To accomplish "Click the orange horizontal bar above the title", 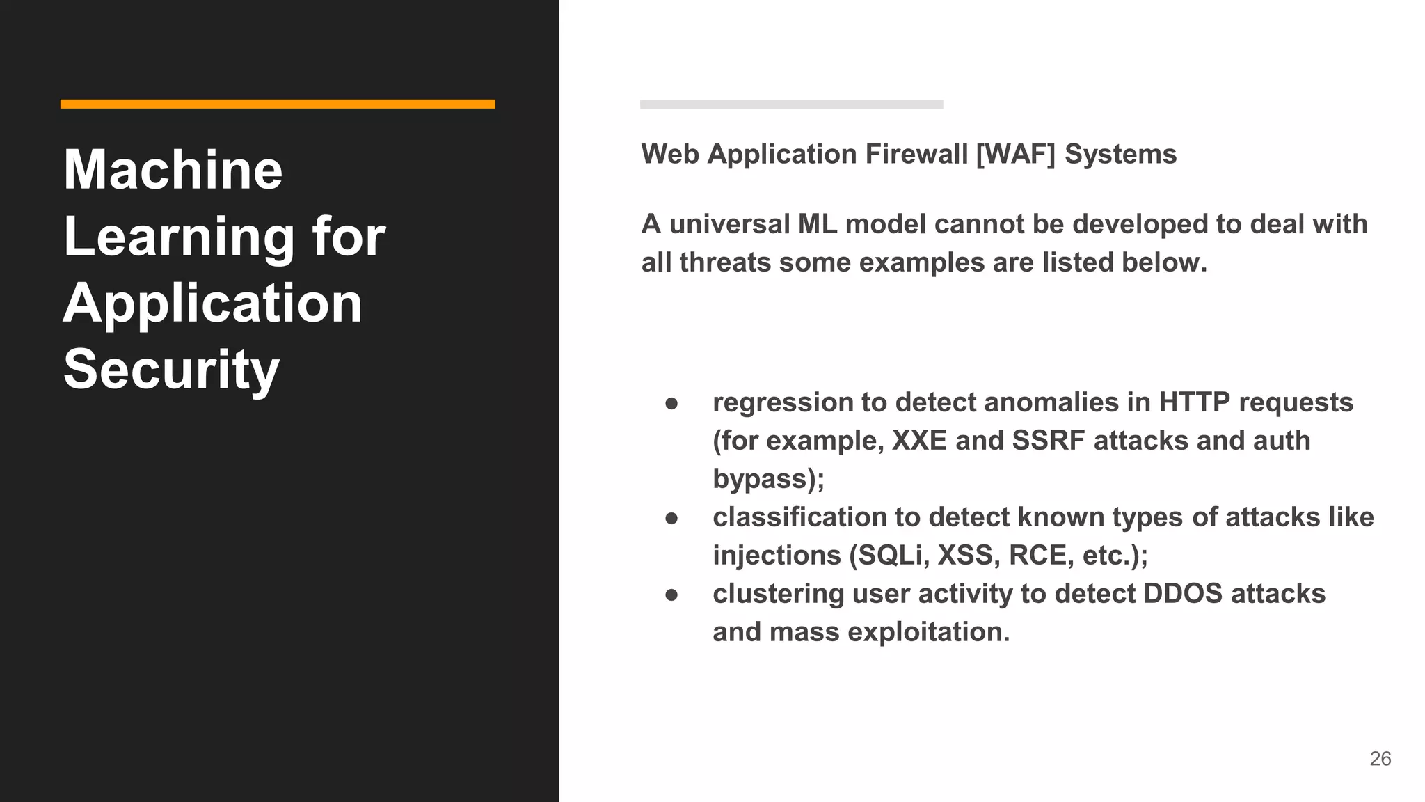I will click(x=278, y=104).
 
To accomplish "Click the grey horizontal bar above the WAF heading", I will click(x=791, y=104).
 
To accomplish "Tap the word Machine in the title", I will click(x=173, y=170).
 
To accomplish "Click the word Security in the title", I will click(x=171, y=370).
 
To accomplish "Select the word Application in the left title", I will click(x=213, y=304).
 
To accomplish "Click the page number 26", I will click(x=1380, y=758).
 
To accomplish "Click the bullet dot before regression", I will click(x=671, y=404).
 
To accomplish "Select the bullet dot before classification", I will click(x=671, y=519).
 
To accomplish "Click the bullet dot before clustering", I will click(x=671, y=595).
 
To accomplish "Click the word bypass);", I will click(x=768, y=480).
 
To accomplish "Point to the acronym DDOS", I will click(x=1183, y=594).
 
